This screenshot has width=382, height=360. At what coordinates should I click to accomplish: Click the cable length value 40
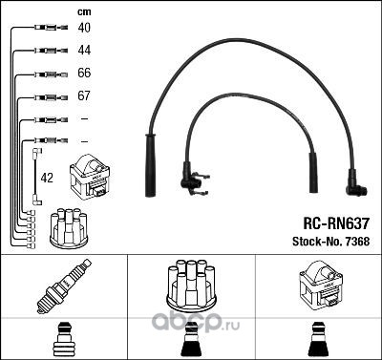click(84, 28)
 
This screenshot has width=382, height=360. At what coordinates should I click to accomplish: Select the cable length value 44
click(84, 50)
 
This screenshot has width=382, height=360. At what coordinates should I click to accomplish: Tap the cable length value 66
click(84, 73)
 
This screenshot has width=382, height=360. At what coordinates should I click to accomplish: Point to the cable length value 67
click(84, 95)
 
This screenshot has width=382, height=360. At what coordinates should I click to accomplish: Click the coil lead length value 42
click(47, 178)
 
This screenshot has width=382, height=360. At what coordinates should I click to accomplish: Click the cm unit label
click(84, 12)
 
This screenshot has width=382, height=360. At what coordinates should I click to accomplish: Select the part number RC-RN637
click(336, 223)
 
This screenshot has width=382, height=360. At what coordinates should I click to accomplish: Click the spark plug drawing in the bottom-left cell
click(64, 286)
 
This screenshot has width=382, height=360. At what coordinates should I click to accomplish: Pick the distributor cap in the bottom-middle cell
click(191, 286)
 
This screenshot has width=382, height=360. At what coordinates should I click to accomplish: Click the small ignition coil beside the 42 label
click(90, 177)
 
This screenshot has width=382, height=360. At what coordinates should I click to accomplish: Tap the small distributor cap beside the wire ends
click(69, 227)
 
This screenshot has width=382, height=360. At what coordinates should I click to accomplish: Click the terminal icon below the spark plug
click(64, 339)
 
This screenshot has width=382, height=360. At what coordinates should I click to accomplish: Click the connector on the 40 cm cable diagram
click(52, 28)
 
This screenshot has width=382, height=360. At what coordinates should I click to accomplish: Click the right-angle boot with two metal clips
click(193, 180)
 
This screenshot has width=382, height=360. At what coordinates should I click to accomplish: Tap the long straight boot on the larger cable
click(150, 165)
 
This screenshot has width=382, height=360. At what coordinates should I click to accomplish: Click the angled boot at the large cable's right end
click(355, 184)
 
